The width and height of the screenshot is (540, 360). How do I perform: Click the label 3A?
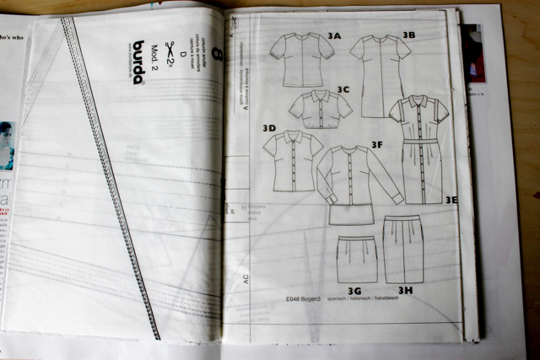(x=334, y=36)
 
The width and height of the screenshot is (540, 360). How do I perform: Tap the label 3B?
(x=408, y=35)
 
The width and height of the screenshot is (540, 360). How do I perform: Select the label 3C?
(x=343, y=88)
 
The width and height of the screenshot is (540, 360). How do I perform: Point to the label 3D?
(x=269, y=128)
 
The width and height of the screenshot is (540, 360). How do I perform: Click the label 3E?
(x=451, y=200)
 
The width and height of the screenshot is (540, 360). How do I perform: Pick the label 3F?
(x=376, y=144)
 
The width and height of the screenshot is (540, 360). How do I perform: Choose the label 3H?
(x=405, y=290)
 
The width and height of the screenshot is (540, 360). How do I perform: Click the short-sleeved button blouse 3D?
(x=293, y=162)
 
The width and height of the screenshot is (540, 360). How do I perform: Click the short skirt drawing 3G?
(x=357, y=258)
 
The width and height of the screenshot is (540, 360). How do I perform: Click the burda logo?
(x=138, y=62)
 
